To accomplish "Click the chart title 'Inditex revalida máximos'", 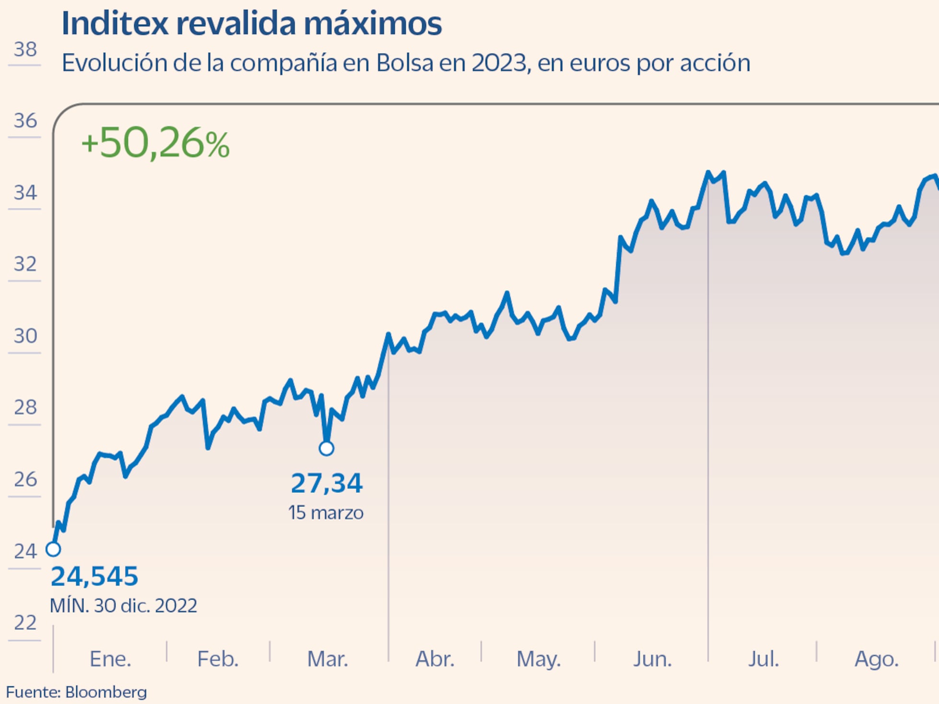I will pyautogui.click(x=252, y=23).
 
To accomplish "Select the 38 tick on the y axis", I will pyautogui.click(x=25, y=49).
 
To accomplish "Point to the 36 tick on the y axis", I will pyautogui.click(x=25, y=121).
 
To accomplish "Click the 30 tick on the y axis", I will pyautogui.click(x=25, y=336).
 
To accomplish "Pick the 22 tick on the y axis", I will pyautogui.click(x=25, y=623).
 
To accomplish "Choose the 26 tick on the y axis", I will pyautogui.click(x=25, y=479).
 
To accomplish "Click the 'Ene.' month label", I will pyautogui.click(x=110, y=659).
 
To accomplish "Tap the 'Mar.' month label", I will pyautogui.click(x=327, y=659).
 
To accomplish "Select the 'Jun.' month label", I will pyautogui.click(x=653, y=659).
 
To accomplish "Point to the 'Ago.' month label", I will pyautogui.click(x=876, y=659).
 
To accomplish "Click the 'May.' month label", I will pyautogui.click(x=538, y=659).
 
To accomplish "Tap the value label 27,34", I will pyautogui.click(x=327, y=483).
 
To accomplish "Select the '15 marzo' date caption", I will pyautogui.click(x=326, y=513).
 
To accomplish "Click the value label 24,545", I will pyautogui.click(x=94, y=576).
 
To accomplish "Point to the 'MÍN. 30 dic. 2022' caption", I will pyautogui.click(x=124, y=606).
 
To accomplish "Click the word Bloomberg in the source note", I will pyautogui.click(x=106, y=692).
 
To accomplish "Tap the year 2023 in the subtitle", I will pyautogui.click(x=499, y=63).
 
